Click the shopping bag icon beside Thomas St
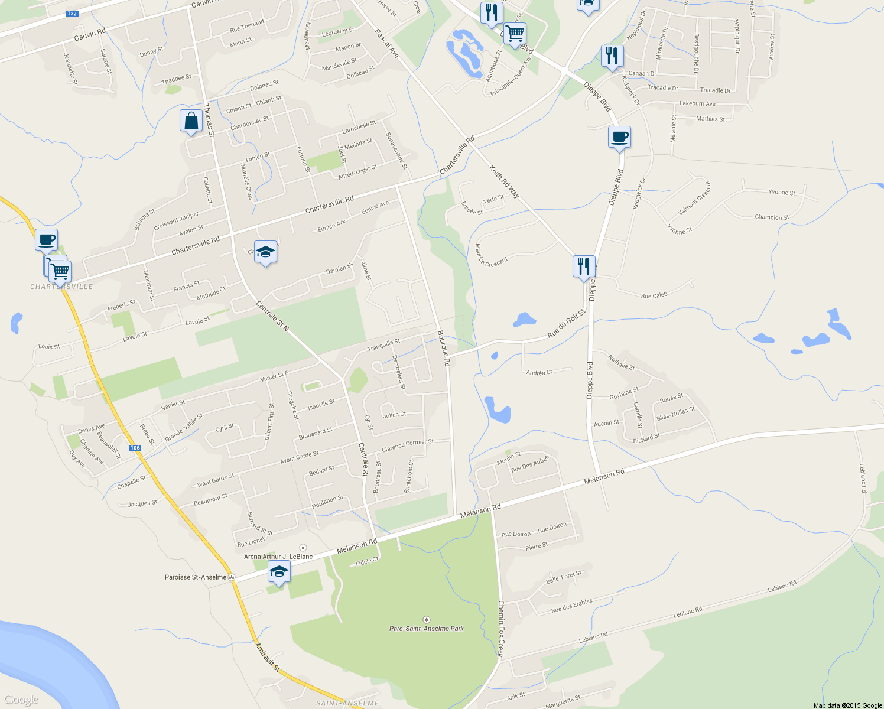(x=191, y=121)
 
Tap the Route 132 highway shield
(x=72, y=14)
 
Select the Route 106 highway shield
(x=135, y=448)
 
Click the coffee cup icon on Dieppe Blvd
(x=619, y=138)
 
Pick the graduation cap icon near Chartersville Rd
(x=265, y=252)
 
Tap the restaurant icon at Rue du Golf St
(x=584, y=267)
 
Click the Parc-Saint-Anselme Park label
(x=426, y=629)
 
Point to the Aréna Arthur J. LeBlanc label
(x=278, y=557)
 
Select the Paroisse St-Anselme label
(x=196, y=577)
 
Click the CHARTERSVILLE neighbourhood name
(x=61, y=287)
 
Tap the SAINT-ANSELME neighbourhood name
(x=347, y=703)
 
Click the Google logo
(x=21, y=700)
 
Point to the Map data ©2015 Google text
(x=847, y=705)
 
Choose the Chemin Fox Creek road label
(x=500, y=629)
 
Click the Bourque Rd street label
(x=444, y=348)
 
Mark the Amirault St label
(x=267, y=656)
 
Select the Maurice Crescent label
(x=490, y=256)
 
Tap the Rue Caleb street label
(x=654, y=295)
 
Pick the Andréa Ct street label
(x=539, y=373)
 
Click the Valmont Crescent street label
(x=695, y=198)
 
